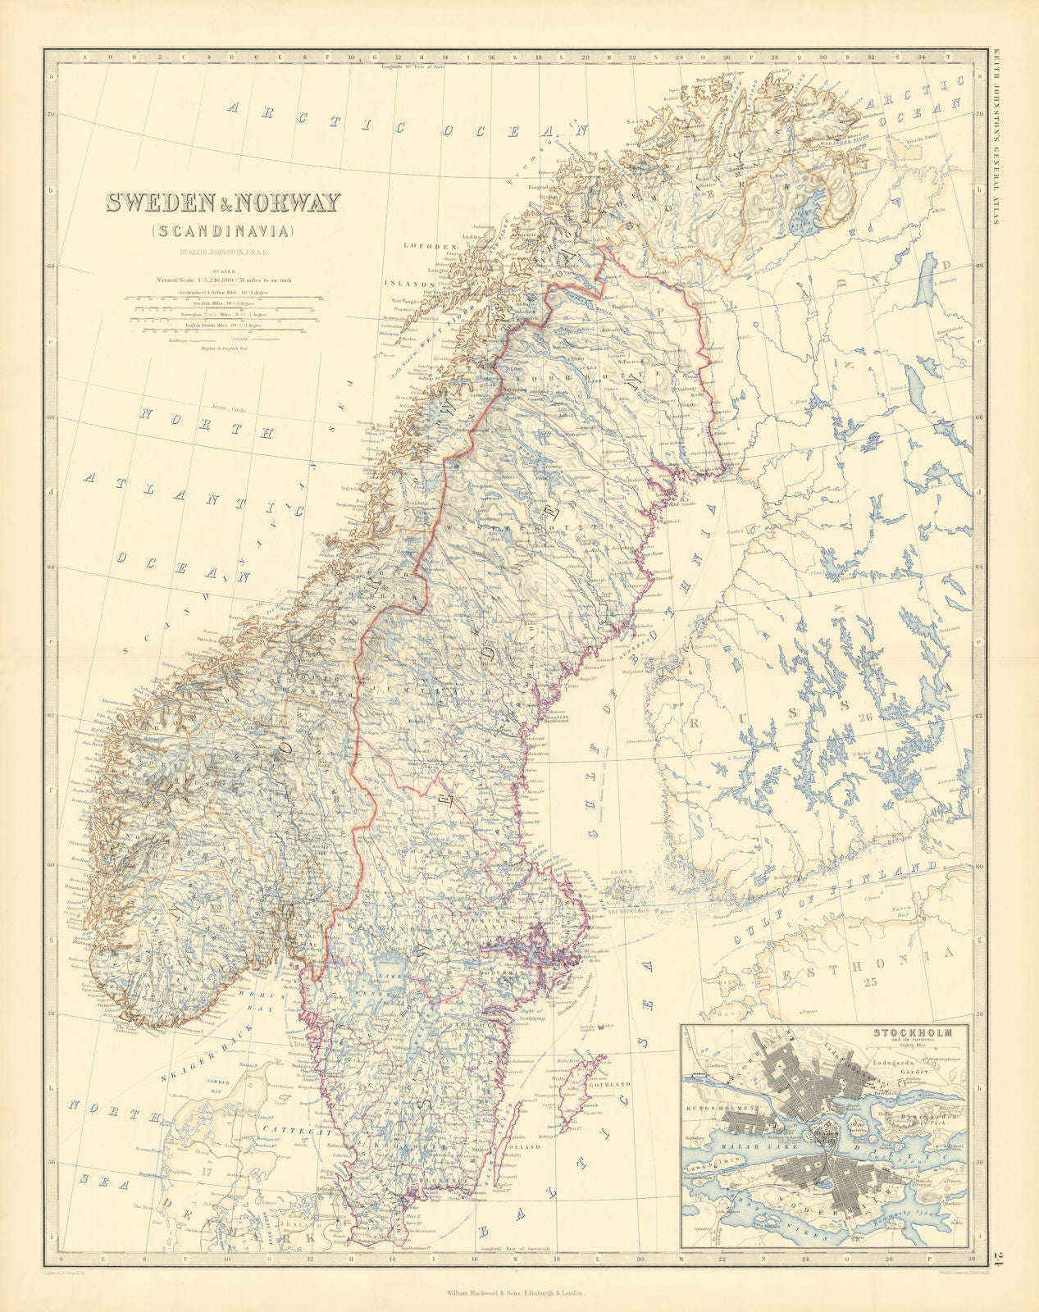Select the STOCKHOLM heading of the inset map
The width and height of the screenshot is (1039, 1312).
coord(913,1032)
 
